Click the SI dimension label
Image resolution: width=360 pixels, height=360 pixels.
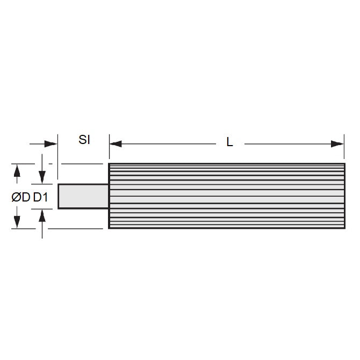[x=84, y=140]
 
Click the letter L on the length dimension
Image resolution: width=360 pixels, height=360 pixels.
[x=229, y=143]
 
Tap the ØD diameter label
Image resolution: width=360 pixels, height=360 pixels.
[x=21, y=198]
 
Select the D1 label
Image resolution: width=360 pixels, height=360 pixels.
[x=41, y=198]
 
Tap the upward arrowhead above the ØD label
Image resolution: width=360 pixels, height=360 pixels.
[x=17, y=171]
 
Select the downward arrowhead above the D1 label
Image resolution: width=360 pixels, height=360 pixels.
[x=42, y=177]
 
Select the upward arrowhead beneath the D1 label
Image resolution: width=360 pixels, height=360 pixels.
[x=42, y=215]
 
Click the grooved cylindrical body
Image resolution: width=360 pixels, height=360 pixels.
[x=226, y=196]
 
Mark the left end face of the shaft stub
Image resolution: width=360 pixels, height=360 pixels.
[x=58, y=196]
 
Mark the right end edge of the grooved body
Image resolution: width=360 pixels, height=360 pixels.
[x=344, y=196]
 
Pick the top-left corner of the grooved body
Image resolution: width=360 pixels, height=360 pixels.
[x=109, y=164]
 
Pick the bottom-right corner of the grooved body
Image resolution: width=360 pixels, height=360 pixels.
[x=344, y=228]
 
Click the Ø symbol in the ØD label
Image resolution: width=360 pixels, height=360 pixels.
[x=16, y=198]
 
